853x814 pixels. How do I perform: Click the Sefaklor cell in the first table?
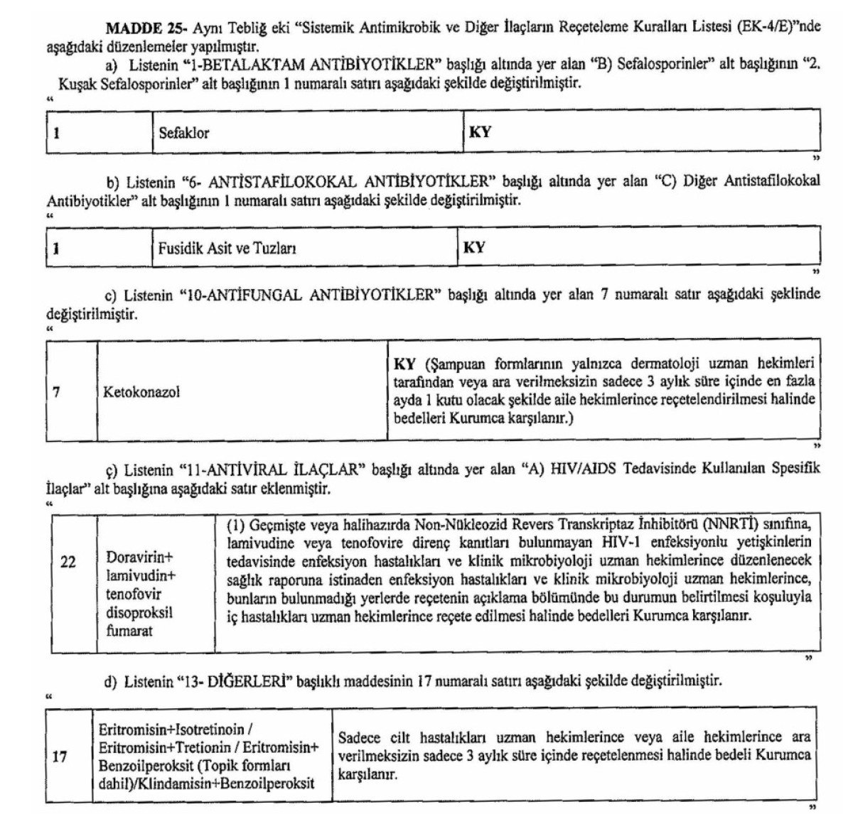(183, 133)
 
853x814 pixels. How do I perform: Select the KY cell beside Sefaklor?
(480, 133)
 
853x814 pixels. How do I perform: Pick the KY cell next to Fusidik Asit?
(474, 248)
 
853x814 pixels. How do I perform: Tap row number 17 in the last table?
(60, 757)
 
